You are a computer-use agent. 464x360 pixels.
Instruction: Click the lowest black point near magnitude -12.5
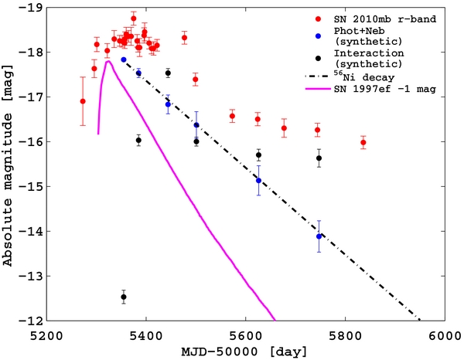tap(124, 297)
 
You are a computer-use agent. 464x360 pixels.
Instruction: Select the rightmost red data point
tap(363, 143)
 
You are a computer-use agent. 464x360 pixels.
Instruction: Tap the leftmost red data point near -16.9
tap(83, 101)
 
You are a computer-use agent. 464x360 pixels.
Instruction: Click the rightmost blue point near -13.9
tap(319, 236)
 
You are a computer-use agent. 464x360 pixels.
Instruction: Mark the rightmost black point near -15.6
tap(319, 158)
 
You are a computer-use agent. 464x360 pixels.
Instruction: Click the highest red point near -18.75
tap(134, 18)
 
